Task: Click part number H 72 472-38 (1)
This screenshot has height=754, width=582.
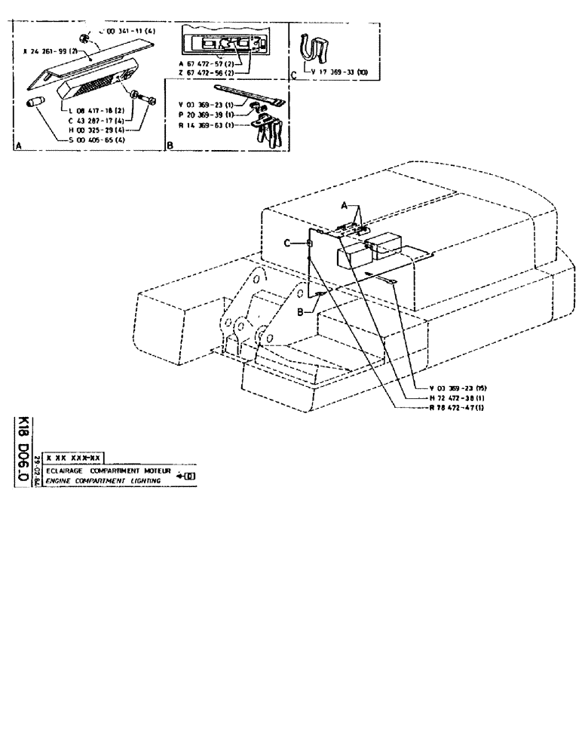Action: (x=452, y=398)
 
